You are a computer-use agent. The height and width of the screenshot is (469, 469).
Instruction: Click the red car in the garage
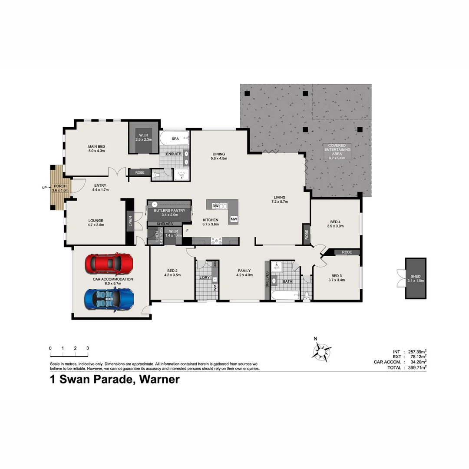pos(109,263)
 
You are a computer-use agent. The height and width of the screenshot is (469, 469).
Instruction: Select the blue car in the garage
pos(109,299)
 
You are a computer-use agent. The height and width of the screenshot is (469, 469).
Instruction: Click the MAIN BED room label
pos(96,149)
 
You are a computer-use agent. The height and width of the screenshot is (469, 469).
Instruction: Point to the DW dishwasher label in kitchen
pos(215,205)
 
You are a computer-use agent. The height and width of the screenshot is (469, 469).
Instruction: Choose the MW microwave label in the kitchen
pos(234,219)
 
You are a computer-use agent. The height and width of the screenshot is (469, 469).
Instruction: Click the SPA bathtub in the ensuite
pos(174,139)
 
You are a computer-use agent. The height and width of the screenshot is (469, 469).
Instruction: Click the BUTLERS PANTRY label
pos(169,211)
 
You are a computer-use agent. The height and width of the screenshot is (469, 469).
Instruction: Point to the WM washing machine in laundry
pos(215,287)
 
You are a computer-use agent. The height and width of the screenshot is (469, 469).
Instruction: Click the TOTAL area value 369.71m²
pos(416,367)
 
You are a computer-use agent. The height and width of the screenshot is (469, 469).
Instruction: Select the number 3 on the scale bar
pos(87,348)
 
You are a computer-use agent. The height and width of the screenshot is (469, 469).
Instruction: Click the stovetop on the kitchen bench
pos(216,241)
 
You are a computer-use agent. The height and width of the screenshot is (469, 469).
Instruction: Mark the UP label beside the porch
pos(43,188)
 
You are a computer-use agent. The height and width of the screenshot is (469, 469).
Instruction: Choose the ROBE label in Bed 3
pos(347,252)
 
